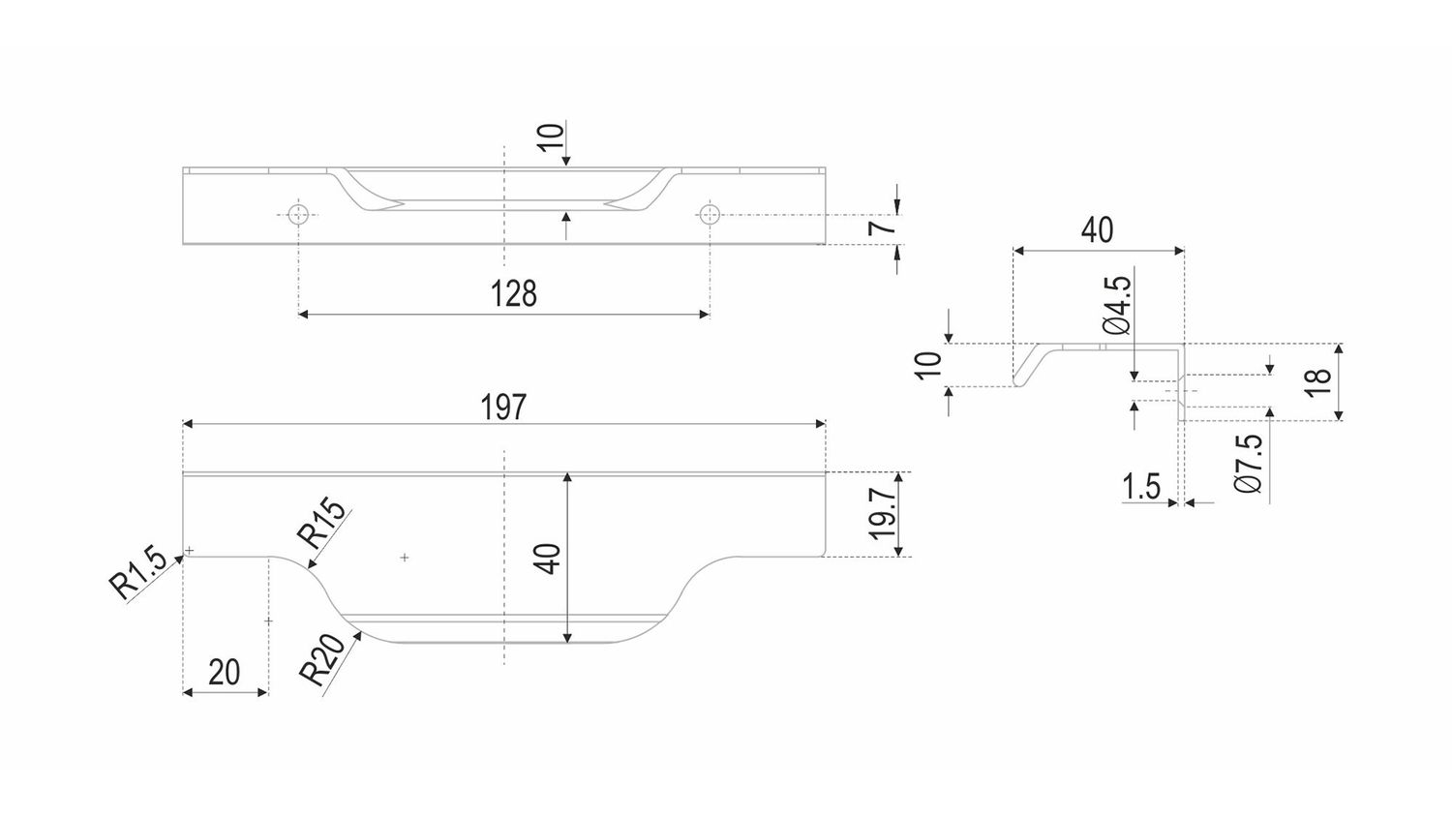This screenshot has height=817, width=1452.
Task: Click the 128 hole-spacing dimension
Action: click(x=513, y=293)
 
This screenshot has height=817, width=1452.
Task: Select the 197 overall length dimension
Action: click(x=504, y=407)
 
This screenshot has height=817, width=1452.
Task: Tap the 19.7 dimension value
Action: click(x=882, y=513)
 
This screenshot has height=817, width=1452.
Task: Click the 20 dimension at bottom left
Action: click(x=224, y=671)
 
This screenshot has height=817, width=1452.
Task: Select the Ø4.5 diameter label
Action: click(x=1116, y=305)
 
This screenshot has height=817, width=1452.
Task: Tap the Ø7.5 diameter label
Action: click(x=1249, y=465)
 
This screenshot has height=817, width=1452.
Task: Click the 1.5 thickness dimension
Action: click(x=1142, y=486)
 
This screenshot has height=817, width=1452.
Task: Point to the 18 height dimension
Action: click(x=1317, y=380)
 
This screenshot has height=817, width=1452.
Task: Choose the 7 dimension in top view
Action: click(x=878, y=228)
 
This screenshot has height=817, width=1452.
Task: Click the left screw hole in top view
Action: click(x=299, y=213)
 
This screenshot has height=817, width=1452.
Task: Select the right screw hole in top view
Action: click(x=711, y=213)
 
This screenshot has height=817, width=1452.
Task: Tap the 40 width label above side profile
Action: click(x=1097, y=230)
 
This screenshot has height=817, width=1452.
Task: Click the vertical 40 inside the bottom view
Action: click(x=548, y=559)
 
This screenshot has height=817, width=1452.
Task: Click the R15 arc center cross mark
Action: click(x=405, y=558)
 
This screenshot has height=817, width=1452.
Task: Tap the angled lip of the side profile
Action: click(x=1028, y=367)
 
